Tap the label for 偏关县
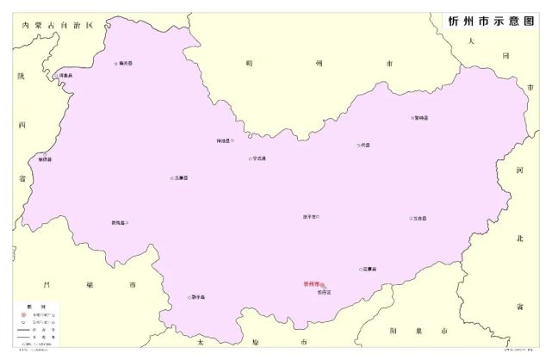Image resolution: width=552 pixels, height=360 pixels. [x=127, y=63]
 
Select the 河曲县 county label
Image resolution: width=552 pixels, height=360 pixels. [x=66, y=76]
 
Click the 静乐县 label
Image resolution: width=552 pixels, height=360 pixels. [x=197, y=298]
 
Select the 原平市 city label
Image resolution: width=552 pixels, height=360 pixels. [x=310, y=216]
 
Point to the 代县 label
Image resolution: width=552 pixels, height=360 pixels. [x=365, y=146]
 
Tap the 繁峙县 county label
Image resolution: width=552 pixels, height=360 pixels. [x=421, y=118]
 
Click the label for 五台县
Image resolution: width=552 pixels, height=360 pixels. [x=419, y=219]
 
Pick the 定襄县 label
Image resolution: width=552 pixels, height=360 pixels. [x=369, y=270]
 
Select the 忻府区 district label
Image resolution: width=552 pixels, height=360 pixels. [x=324, y=293]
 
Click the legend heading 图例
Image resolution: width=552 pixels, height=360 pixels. [x=30, y=307]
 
